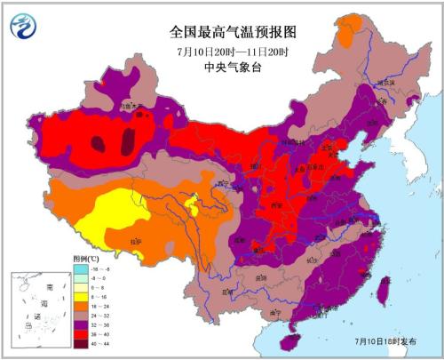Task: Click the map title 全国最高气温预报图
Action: tap(221, 31)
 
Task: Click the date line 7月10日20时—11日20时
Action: tap(221, 50)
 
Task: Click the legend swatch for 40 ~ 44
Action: tap(79, 344)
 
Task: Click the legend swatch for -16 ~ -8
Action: tap(79, 266)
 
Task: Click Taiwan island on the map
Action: tap(384, 292)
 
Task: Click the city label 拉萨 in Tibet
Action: tap(135, 241)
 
